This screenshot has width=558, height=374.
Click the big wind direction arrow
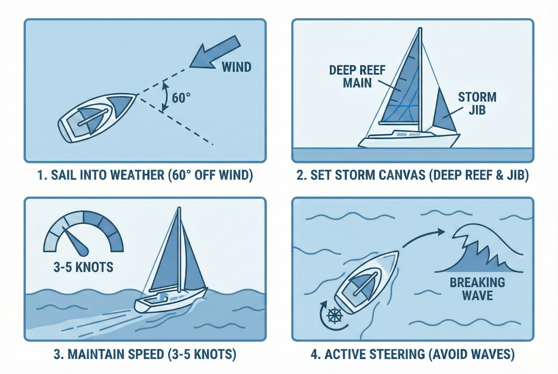(215, 53)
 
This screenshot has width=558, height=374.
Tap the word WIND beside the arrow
(236, 67)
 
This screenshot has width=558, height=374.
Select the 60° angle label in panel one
(181, 98)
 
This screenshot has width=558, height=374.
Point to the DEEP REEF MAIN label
(357, 76)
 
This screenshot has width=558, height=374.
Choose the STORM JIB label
(477, 103)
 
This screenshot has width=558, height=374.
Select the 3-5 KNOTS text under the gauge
(83, 267)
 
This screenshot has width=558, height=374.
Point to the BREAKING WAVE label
(477, 289)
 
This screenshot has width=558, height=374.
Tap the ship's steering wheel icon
(334, 316)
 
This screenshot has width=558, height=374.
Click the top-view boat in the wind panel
(98, 118)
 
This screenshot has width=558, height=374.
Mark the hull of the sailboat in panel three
(171, 300)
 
